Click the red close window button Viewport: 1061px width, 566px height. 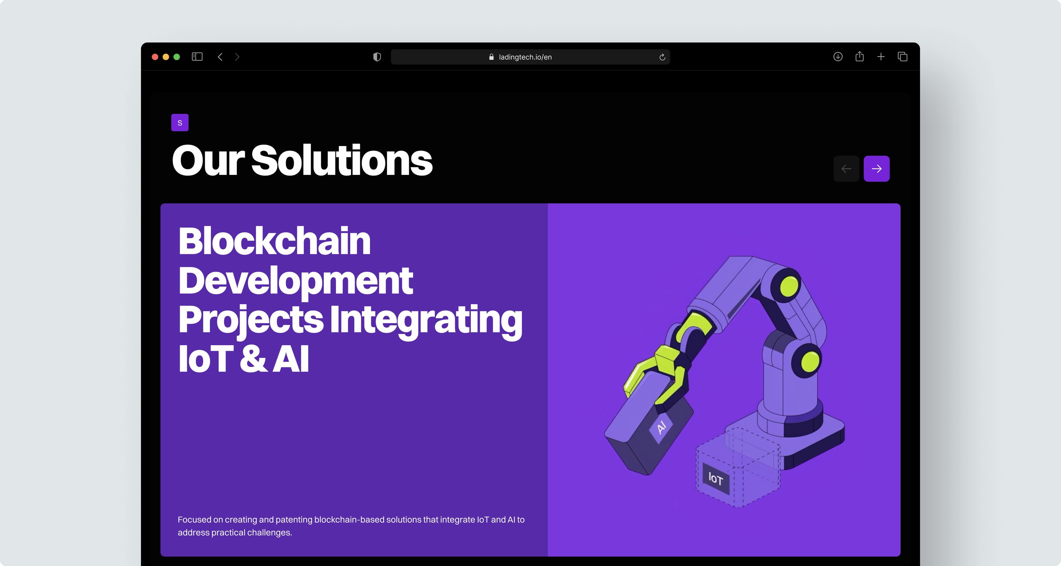(155, 57)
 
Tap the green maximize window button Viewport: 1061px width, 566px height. (177, 57)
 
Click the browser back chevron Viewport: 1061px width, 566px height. (220, 57)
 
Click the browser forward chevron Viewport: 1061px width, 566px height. (237, 57)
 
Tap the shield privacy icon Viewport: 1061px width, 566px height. (377, 57)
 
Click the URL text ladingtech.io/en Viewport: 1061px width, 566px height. (525, 57)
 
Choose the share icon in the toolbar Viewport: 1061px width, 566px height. (860, 56)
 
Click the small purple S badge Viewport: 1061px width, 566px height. (180, 123)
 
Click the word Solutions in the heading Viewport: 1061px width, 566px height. (342, 160)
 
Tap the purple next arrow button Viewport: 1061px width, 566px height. (876, 168)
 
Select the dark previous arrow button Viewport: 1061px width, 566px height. (846, 168)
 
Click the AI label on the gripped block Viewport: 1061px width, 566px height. (661, 427)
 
